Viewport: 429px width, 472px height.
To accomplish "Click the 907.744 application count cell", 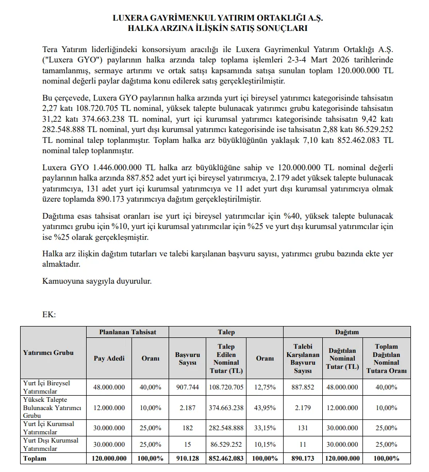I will click(x=187, y=387).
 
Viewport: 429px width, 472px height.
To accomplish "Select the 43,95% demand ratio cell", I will click(x=265, y=408).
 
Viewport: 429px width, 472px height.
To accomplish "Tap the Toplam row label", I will click(x=35, y=458).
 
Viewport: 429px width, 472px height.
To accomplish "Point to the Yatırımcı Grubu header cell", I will click(x=48, y=353).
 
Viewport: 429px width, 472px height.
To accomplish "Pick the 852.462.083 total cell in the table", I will click(x=227, y=458).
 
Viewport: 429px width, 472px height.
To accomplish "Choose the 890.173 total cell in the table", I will click(x=303, y=458).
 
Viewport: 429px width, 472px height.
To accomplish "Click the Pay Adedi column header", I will click(x=109, y=359).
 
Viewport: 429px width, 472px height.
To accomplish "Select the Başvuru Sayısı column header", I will click(x=187, y=359).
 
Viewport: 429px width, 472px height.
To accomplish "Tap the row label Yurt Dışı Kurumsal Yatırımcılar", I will click(x=51, y=445).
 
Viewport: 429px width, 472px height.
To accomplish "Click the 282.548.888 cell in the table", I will click(x=227, y=428).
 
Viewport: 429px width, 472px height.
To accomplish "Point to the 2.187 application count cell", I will click(x=187, y=408).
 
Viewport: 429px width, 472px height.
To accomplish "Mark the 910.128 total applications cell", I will click(x=187, y=458).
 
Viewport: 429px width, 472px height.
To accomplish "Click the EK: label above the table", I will click(x=49, y=314).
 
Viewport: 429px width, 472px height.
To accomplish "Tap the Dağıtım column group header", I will click(x=347, y=332).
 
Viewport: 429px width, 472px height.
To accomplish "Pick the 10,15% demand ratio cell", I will click(x=265, y=445).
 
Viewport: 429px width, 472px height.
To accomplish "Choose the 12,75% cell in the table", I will click(x=265, y=387).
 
